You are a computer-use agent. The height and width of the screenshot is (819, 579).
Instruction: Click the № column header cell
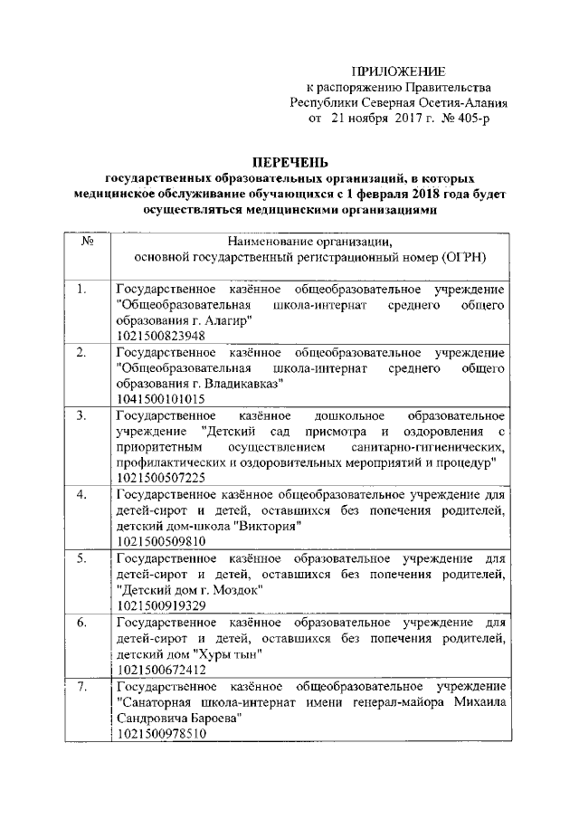pos(89,242)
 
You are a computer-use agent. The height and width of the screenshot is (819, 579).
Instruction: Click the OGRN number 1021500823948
pos(160,336)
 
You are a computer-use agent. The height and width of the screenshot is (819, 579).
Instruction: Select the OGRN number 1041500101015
pos(160,398)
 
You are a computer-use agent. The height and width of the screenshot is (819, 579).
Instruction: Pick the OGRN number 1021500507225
pos(160,476)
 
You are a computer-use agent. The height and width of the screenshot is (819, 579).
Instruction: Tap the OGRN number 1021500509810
pos(160,540)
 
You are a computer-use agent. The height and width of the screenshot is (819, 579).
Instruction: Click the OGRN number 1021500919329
pos(160,605)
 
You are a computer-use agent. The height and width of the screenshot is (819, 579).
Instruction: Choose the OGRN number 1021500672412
pos(160,670)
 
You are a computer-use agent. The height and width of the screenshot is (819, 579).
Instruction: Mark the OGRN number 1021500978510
pos(160,734)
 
